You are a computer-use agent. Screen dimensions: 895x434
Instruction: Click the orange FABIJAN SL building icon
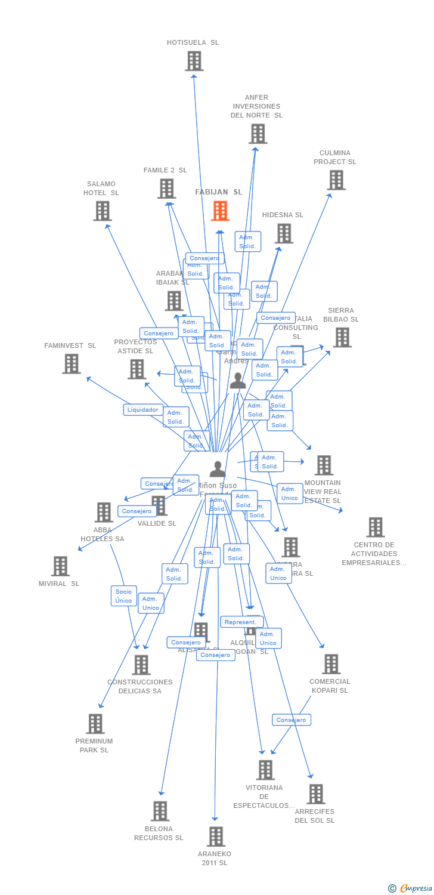tap(220, 211)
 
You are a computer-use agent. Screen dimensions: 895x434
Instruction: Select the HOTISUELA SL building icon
tap(194, 61)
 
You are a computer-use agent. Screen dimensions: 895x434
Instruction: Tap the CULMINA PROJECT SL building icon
tap(336, 180)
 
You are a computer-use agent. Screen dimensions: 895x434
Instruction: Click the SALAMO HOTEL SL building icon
tap(103, 211)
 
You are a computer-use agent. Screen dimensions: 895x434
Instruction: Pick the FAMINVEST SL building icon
tap(71, 363)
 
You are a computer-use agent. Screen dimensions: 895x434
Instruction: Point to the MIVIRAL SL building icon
tap(60, 566)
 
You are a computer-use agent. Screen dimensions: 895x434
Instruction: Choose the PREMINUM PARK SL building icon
tap(95, 724)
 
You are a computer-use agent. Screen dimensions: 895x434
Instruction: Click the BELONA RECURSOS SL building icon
tap(160, 811)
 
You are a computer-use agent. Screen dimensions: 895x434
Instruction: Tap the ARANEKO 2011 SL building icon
tap(215, 837)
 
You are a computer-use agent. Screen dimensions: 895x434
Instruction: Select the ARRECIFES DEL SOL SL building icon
tap(315, 794)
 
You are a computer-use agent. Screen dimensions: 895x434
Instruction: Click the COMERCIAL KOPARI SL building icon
tap(330, 664)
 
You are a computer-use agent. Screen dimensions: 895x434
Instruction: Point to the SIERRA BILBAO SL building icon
tap(342, 337)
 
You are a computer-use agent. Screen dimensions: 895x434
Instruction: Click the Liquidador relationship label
tap(143, 410)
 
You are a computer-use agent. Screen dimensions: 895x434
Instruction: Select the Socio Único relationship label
tap(123, 595)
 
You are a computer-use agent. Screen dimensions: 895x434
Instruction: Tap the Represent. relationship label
tap(241, 622)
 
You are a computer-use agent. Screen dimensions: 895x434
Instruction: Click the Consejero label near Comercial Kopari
tap(292, 720)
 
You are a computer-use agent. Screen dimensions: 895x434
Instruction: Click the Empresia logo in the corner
tap(411, 888)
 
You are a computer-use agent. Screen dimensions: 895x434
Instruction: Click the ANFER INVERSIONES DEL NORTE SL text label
tap(256, 106)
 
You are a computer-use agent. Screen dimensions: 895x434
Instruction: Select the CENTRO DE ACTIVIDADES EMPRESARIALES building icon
tap(375, 527)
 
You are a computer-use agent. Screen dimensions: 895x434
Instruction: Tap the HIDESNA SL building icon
tap(284, 233)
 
